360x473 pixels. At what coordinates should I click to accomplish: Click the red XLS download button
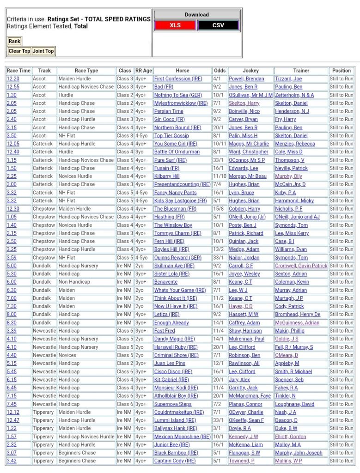coord(175,25)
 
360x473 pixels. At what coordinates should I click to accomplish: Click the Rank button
coord(14,41)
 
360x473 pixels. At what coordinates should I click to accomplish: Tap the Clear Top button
coord(19,51)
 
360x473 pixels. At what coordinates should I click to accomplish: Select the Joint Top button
coord(43,51)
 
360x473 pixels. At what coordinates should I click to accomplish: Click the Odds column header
coord(220,71)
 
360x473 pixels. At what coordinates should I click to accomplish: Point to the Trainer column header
coord(301,71)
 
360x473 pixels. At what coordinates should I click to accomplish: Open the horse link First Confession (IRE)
coord(178,79)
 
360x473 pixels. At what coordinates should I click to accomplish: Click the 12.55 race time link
coord(13,87)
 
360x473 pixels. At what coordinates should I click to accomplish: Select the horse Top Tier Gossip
coord(171,136)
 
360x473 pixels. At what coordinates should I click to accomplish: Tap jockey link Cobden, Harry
coord(244,209)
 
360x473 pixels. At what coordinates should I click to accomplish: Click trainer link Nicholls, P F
coord(289,209)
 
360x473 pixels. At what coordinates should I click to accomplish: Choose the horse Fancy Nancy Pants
coord(175,193)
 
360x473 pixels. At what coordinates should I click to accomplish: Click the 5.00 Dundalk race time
coord(12,266)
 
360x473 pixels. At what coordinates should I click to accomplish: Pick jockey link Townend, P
coord(241,461)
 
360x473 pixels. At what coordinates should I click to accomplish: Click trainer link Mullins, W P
coord(288,461)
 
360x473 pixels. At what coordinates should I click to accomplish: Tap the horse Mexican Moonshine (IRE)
coord(182,437)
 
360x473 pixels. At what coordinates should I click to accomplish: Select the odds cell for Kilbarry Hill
coord(220,176)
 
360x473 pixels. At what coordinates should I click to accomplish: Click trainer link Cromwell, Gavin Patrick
coord(301,266)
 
